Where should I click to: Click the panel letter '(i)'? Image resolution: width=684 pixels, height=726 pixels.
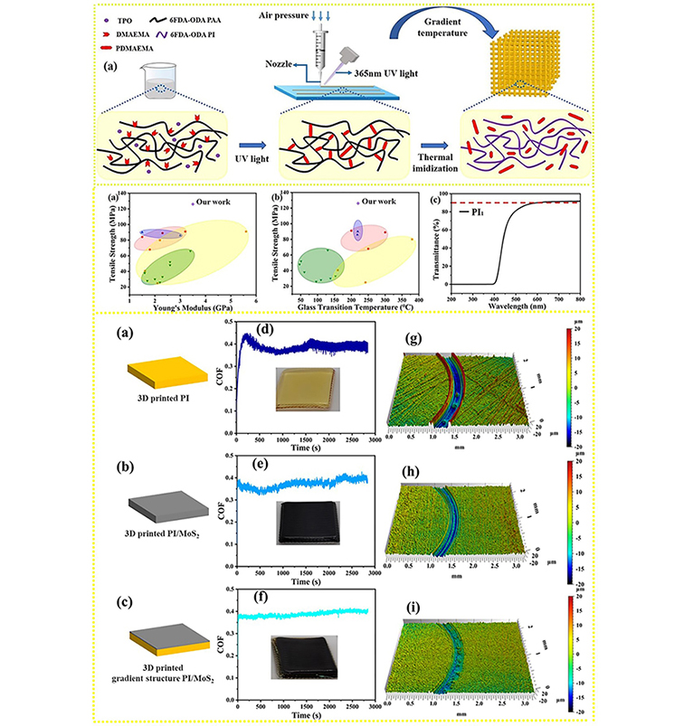click(413, 603)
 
